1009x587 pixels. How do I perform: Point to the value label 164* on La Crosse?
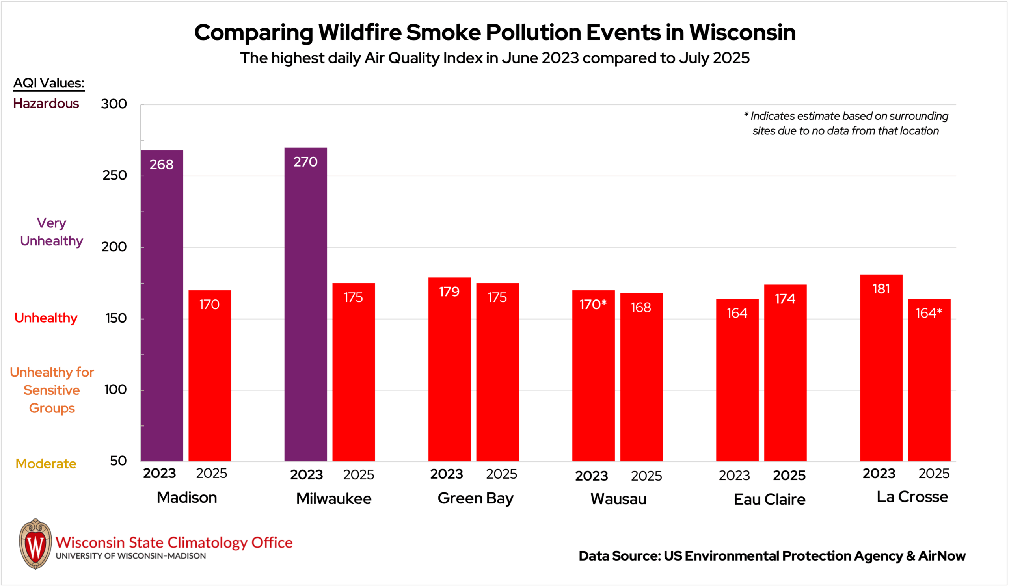(929, 313)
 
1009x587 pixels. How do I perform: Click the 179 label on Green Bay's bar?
(449, 292)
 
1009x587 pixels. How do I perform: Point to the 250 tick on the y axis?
(115, 176)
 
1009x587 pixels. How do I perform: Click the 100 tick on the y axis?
(115, 390)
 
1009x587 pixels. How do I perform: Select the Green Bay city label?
(475, 499)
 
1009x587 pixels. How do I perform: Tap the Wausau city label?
(618, 500)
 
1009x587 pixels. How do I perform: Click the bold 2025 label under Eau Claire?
(789, 476)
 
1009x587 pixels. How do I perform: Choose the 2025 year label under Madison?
(211, 474)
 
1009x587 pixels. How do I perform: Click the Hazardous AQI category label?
(46, 104)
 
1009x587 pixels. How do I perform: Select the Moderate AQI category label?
(46, 464)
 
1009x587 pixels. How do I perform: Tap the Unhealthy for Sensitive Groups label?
(52, 390)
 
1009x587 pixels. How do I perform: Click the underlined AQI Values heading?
(49, 83)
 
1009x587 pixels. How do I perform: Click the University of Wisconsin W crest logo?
(35, 544)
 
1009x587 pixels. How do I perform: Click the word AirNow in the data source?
(942, 556)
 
